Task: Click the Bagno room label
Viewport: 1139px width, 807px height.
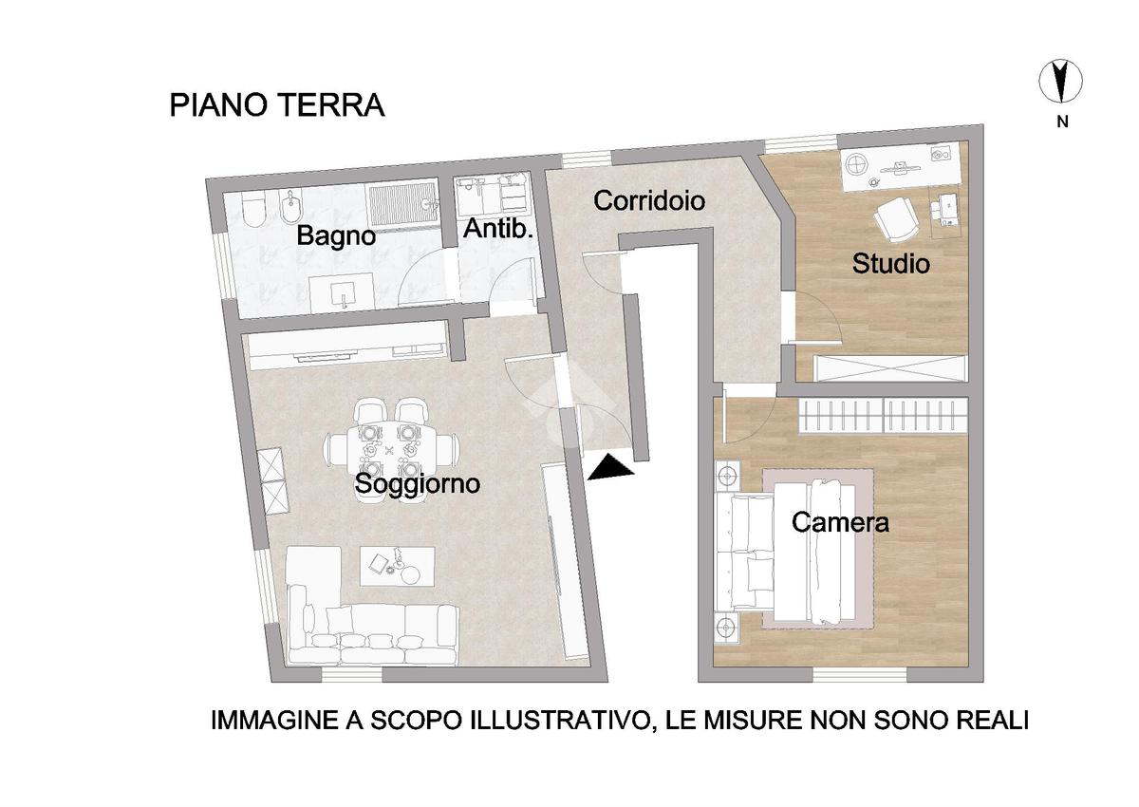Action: [336, 235]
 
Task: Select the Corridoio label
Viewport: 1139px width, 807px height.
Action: [649, 200]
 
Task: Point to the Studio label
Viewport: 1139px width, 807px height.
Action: [891, 263]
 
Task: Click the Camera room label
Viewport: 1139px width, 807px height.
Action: [840, 522]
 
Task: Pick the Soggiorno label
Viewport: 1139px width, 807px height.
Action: [418, 483]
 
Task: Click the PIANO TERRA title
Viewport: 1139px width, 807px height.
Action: [277, 104]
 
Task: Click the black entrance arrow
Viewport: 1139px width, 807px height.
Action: [610, 467]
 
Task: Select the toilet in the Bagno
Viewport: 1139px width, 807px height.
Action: [253, 210]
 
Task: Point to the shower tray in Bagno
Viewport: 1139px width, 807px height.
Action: [402, 204]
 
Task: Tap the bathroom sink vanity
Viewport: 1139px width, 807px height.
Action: [343, 292]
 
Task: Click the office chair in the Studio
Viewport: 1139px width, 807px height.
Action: [895, 220]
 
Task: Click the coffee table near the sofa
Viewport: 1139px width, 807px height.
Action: [397, 567]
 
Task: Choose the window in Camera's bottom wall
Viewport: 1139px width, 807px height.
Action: [860, 675]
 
